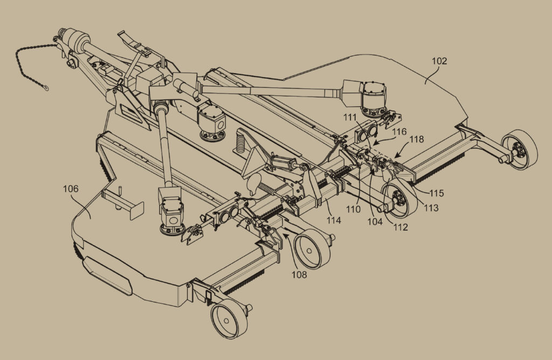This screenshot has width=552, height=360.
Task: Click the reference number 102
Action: coord(439,61)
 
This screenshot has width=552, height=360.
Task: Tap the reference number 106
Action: coord(71,189)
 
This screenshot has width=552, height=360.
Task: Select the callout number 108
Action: coord(299,274)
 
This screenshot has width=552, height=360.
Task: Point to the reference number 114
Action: coord(334,220)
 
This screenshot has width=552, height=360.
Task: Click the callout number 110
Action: coord(353,210)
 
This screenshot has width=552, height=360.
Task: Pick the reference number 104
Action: coord(375,221)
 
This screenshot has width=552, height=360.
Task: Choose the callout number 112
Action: coord(401,227)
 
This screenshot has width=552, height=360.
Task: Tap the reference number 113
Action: coord(431,208)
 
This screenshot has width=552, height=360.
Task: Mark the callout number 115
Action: coord(437,193)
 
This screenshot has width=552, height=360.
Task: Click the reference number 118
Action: coord(417,140)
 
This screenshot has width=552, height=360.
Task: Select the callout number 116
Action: coord(399,132)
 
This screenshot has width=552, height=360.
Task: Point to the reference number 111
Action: coord(350,117)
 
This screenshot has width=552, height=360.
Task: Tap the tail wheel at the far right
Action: coord(520,150)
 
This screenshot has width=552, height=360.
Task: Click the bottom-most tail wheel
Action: coord(229,319)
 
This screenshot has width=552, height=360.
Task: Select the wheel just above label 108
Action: coord(312,249)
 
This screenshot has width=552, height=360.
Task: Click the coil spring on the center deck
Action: coord(240,141)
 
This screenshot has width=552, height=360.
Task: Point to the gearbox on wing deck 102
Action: coord(374,99)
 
